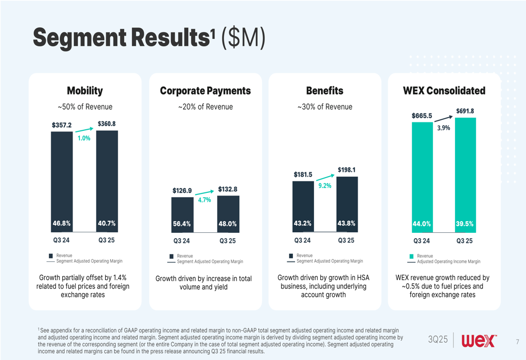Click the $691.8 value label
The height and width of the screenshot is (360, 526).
(x=465, y=111)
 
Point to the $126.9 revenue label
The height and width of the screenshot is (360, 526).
(x=182, y=191)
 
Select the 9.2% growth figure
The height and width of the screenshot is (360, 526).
(x=325, y=186)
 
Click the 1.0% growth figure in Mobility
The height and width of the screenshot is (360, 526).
(x=84, y=138)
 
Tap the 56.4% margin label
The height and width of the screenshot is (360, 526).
(x=182, y=224)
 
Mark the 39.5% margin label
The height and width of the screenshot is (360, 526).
(x=465, y=223)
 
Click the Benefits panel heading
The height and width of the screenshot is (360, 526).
(x=325, y=91)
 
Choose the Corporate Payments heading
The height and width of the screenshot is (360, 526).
(x=205, y=91)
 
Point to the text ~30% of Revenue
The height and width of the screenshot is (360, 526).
(x=325, y=107)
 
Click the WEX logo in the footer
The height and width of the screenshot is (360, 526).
(x=479, y=341)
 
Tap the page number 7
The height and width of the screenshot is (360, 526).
(x=517, y=342)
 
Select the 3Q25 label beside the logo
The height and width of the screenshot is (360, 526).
(x=438, y=341)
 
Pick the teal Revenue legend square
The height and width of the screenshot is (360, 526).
(x=411, y=256)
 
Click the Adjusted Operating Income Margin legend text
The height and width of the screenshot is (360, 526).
(x=449, y=261)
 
